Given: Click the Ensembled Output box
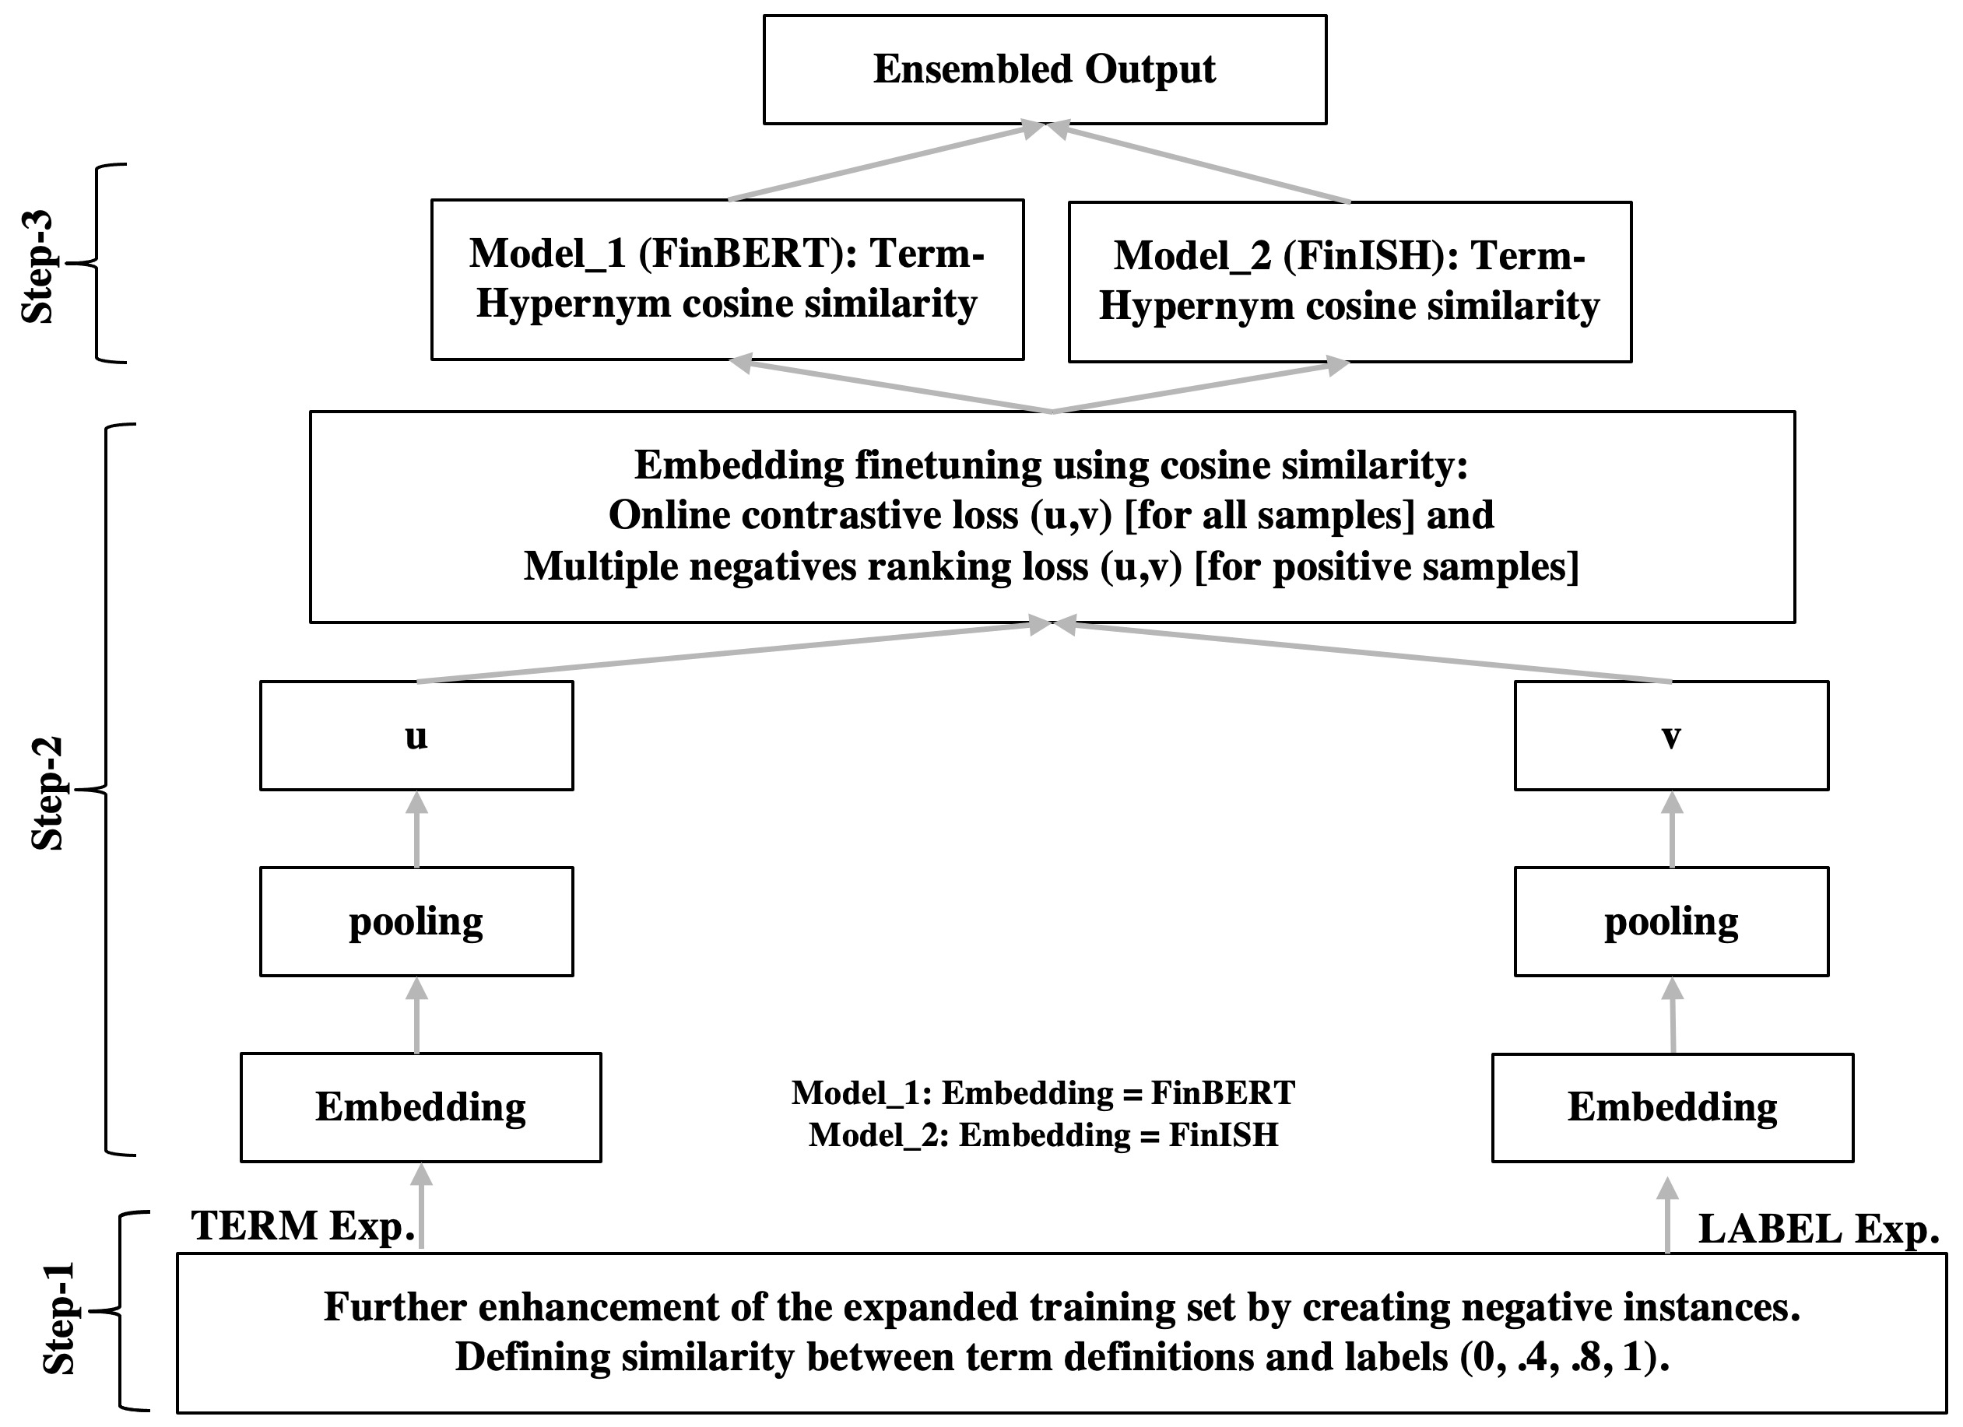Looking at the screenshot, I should [1044, 69].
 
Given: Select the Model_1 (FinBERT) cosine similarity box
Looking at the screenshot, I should [727, 279].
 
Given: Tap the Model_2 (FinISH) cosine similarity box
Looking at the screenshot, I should [1350, 281].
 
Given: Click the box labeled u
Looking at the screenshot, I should [416, 735].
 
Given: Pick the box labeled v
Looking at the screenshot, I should [1670, 735].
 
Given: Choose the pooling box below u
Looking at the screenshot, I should [416, 920].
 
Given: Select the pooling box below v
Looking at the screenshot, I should [1670, 920].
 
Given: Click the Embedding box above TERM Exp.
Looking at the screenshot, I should [420, 1106].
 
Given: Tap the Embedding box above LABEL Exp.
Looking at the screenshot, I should [1672, 1106].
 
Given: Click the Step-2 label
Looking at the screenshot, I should [47, 793].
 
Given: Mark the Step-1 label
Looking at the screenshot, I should [60, 1319].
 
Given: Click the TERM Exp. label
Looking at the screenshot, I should [303, 1226].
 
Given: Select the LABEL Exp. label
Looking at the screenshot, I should [1817, 1229].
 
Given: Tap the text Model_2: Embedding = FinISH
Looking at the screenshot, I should [1043, 1134].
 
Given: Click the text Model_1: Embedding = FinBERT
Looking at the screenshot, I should [1043, 1093].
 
